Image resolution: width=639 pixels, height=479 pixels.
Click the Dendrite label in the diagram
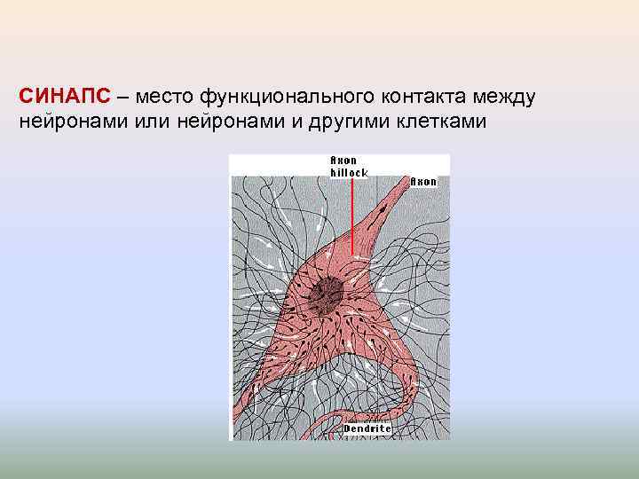tap(367, 428)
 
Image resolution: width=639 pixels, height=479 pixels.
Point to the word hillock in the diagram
tap(349, 172)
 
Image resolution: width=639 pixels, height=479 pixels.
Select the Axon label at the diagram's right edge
tap(424, 181)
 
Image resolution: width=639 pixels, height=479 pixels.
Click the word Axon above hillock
tap(343, 161)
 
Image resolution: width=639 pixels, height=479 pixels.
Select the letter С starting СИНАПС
tap(26, 96)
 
